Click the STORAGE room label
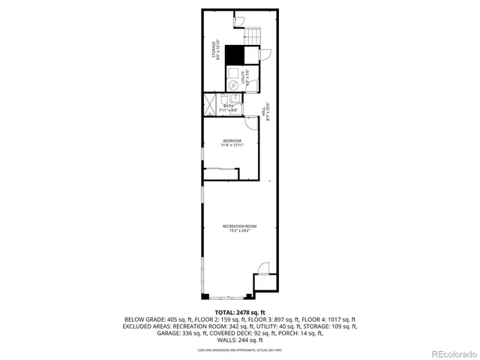pos(214,50)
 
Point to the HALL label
pos(265,111)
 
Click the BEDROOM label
pos(232,141)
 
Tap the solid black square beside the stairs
pos(236,55)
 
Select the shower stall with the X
pos(210,104)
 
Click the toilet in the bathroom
pos(226,100)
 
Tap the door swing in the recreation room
pos(262,268)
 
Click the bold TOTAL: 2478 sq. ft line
pos(240,311)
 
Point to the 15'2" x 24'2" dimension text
pos(239,231)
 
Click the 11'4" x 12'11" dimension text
pos(232,145)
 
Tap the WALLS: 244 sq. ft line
pos(240,338)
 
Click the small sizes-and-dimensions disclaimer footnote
pos(240,349)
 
